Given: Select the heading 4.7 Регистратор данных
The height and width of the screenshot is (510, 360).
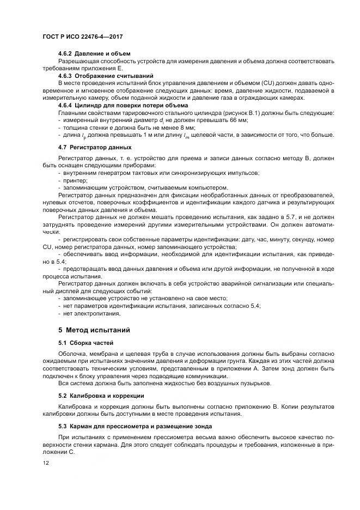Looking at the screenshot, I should pyautogui.click(x=95, y=147).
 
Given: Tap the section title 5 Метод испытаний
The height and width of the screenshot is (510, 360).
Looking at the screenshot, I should pyautogui.click(x=94, y=330).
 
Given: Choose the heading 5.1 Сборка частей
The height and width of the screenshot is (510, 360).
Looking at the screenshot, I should pyautogui.click(x=86, y=342).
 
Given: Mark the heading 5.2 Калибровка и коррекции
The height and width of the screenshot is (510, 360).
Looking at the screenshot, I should pyautogui.click(x=101, y=395).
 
